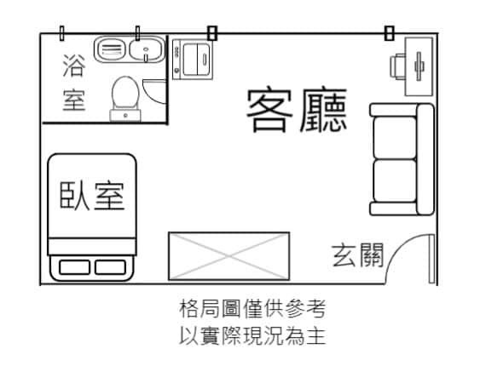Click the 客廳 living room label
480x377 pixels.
[x=297, y=111]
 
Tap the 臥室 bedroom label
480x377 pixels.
[x=92, y=196]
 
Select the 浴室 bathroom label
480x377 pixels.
[x=74, y=83]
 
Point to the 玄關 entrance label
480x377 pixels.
[x=357, y=255]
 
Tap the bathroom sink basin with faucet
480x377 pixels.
[x=147, y=50]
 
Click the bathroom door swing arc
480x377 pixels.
[x=153, y=93]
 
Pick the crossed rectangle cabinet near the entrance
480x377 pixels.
[x=229, y=256]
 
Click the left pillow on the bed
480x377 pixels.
[x=75, y=267]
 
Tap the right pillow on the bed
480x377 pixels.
[x=110, y=267]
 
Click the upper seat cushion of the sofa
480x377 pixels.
[x=395, y=138]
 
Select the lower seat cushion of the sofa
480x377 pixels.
[x=395, y=181]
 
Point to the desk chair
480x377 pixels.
[x=397, y=66]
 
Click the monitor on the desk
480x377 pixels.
[x=419, y=66]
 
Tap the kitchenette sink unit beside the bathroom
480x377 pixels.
[x=193, y=60]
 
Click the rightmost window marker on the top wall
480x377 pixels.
[x=389, y=33]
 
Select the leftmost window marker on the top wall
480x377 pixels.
[x=61, y=33]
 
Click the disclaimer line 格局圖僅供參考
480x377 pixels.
[x=252, y=309]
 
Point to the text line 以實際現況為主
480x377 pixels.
[x=252, y=336]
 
